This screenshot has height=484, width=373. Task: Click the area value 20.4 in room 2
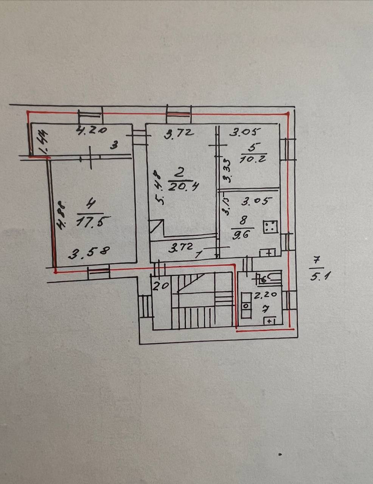pyautogui.click(x=179, y=186)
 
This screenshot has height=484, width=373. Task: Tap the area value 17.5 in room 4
pyautogui.click(x=90, y=221)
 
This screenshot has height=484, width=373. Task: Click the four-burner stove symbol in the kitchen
pyautogui.click(x=270, y=226)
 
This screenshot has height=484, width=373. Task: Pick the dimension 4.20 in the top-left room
pyautogui.click(x=92, y=131)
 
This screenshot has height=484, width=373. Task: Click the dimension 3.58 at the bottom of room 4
pyautogui.click(x=89, y=253)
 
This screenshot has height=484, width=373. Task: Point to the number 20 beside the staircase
pyautogui.click(x=160, y=286)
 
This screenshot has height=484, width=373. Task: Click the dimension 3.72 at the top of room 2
pyautogui.click(x=180, y=133)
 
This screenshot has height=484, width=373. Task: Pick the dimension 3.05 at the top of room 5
pyautogui.click(x=246, y=132)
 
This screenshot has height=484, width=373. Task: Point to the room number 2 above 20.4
pyautogui.click(x=179, y=174)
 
